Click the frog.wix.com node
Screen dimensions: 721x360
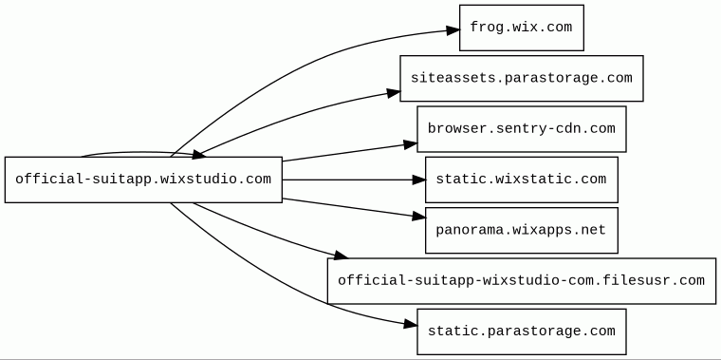[x=522, y=28]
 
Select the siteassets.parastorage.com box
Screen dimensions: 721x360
[x=522, y=78]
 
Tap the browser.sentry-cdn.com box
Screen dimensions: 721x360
[x=522, y=129]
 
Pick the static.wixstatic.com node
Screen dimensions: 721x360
[x=522, y=180]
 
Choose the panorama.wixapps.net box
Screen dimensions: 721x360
[x=522, y=230]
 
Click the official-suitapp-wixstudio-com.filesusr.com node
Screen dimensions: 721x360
[x=522, y=281]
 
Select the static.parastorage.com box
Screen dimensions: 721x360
[x=522, y=332]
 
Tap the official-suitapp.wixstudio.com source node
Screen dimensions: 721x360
[x=143, y=180]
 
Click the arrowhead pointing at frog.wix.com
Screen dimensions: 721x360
[x=453, y=30]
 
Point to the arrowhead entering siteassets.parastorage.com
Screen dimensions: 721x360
[x=394, y=93]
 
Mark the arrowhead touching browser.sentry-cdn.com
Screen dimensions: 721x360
[x=411, y=144]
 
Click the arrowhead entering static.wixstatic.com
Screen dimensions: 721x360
[x=418, y=180]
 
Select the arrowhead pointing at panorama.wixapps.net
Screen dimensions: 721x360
[x=419, y=216]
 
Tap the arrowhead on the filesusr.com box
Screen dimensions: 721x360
[x=341, y=255]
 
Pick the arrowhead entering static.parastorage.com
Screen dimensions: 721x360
[x=411, y=325]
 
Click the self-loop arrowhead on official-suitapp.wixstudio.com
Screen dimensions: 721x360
[x=198, y=155]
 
